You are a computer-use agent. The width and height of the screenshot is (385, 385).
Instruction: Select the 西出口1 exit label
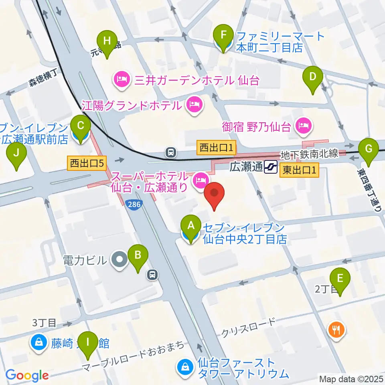coord(216,148)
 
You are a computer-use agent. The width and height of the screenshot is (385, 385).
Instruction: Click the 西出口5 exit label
coord(87,163)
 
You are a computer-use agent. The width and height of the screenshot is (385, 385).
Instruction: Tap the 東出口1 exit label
coord(299,170)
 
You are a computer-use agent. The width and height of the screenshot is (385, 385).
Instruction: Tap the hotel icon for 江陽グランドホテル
coord(194,105)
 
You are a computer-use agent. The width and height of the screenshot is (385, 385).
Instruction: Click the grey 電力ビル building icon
coord(119,260)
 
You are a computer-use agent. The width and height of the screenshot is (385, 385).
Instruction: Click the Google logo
coord(27,375)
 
